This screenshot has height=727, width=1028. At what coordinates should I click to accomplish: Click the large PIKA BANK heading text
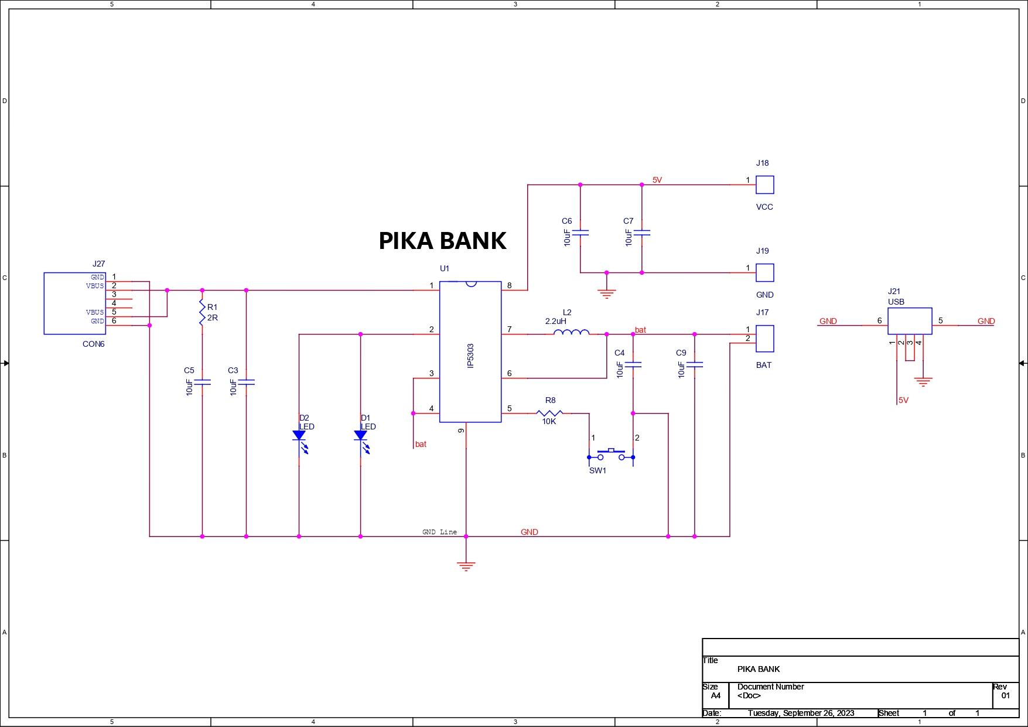pos(442,241)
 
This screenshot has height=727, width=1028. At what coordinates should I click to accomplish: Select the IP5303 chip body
pos(470,351)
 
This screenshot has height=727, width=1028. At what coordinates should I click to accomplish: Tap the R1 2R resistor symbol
pos(202,313)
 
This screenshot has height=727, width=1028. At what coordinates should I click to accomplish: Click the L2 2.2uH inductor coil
pos(571,333)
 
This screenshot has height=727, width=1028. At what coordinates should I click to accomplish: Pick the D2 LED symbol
pos(299,436)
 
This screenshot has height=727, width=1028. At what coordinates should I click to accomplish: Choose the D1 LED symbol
pos(361,436)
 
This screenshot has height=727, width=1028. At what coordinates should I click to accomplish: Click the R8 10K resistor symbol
pos(549,414)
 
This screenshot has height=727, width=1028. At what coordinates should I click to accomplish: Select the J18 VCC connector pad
pos(764,185)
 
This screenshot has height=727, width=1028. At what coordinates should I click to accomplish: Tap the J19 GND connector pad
pos(764,273)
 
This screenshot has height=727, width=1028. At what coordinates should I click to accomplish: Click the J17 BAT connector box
pos(764,339)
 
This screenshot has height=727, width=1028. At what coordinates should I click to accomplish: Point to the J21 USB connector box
pos(910,321)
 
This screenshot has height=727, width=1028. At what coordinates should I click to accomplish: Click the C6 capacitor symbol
pos(580,233)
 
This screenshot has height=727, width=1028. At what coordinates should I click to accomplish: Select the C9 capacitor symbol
pos(695,364)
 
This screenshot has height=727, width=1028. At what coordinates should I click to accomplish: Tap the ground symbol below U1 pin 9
pos(466,566)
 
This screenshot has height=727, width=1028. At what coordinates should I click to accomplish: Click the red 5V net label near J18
pos(657,180)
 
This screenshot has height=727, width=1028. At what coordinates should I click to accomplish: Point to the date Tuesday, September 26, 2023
pos(801,713)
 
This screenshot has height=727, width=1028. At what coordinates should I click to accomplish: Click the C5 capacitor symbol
pos(202,382)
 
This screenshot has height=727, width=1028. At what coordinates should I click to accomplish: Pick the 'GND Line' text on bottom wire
pos(439,532)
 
